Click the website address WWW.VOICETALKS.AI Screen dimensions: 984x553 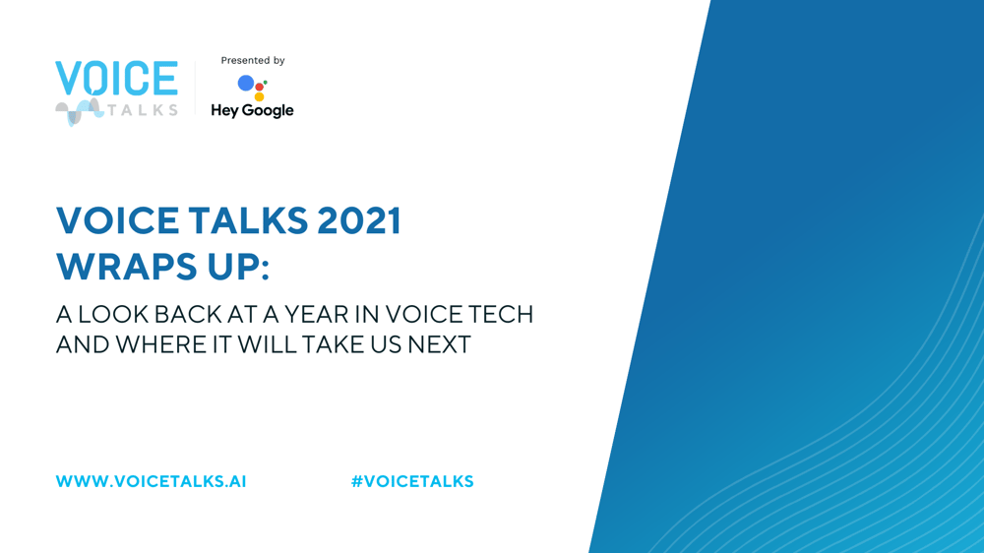point(152,481)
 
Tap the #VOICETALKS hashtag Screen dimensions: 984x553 point(412,481)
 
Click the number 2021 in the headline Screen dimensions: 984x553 point(359,220)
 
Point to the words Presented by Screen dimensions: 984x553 point(253,60)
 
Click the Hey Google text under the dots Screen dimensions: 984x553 point(252,110)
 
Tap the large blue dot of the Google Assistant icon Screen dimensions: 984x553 point(246,83)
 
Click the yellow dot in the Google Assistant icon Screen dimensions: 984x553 point(259,96)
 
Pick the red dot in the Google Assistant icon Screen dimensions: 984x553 point(259,87)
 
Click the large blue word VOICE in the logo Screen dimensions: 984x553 point(117,79)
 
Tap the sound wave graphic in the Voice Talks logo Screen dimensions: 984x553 point(79,112)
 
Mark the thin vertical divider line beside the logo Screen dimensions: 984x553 point(195,88)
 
